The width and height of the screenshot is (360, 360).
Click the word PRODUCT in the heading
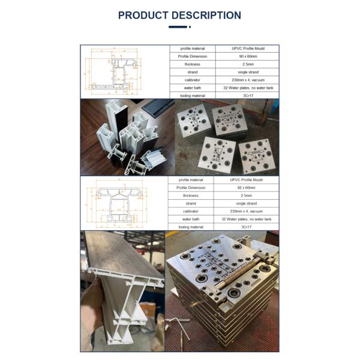coord(144,16)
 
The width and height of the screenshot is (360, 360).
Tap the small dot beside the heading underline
coord(190,27)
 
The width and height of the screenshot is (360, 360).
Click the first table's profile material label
coord(192,48)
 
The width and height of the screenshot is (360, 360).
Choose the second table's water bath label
coord(192,219)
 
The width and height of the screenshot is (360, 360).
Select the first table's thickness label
coord(192,64)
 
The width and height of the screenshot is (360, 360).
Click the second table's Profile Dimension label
coord(192,188)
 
